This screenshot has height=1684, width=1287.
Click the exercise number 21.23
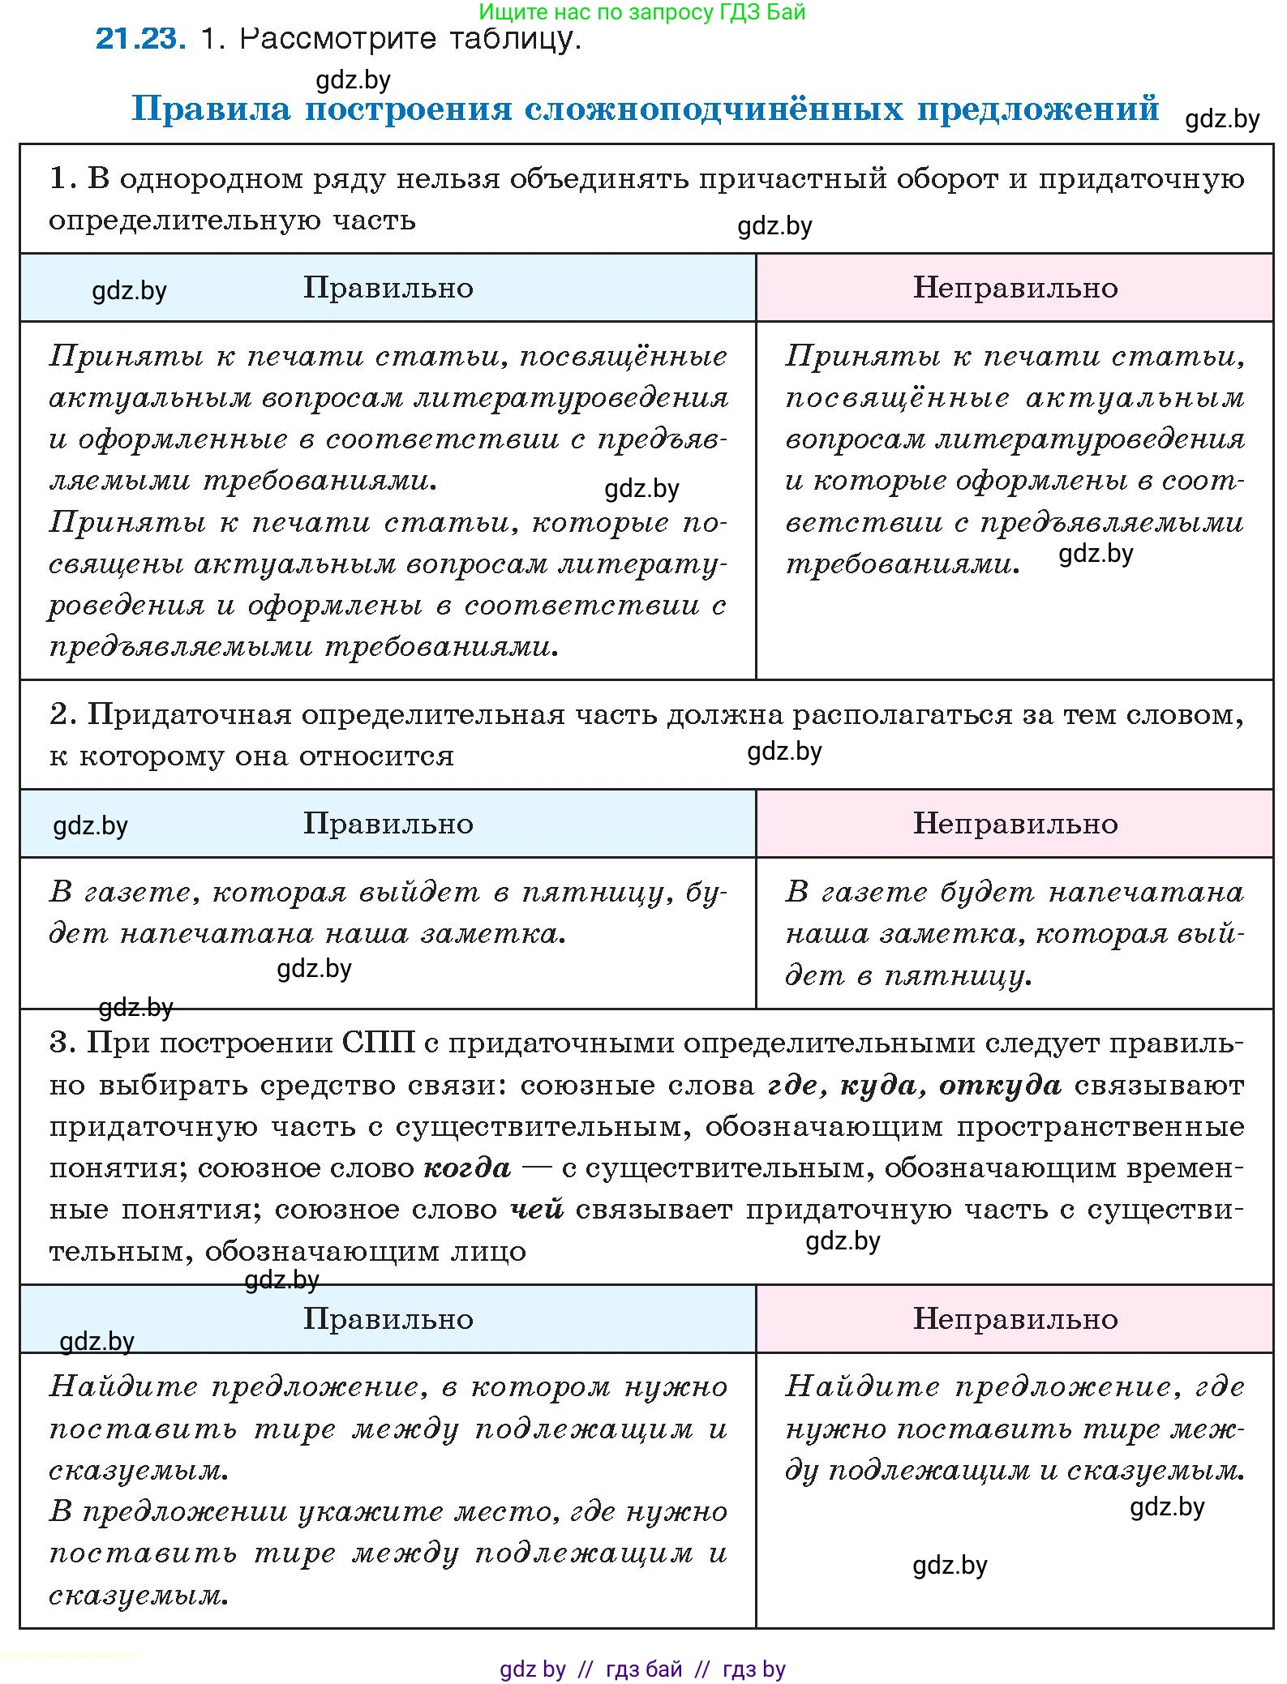140,38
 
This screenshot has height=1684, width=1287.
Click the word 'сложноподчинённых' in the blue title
713,108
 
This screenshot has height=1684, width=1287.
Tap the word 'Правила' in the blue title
211,108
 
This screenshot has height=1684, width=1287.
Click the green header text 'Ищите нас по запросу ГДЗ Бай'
641,11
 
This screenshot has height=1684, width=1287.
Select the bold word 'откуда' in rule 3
1000,1085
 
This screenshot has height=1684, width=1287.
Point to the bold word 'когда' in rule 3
467,1168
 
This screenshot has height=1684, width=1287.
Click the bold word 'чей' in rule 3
537,1210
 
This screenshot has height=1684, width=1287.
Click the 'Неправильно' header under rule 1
1015,288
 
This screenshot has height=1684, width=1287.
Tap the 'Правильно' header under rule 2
388,824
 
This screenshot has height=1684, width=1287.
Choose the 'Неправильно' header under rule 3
1015,1319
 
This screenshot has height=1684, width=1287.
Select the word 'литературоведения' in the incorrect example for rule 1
1090,439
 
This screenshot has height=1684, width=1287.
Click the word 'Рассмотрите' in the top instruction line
340,38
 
